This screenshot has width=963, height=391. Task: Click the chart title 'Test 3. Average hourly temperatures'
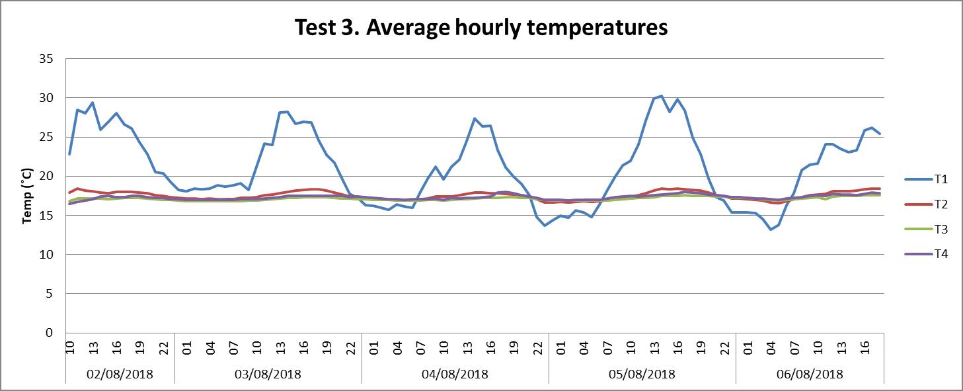point(481,28)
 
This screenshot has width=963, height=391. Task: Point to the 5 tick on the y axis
point(49,293)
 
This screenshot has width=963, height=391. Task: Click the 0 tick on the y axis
point(49,333)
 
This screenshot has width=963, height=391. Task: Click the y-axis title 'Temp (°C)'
point(28,195)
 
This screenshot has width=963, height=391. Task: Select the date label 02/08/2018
point(120,374)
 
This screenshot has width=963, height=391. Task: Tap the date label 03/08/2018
point(268,374)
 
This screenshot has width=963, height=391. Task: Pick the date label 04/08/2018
point(455,374)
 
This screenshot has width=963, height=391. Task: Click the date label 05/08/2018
point(642,374)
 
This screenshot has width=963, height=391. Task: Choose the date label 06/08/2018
point(810,374)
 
